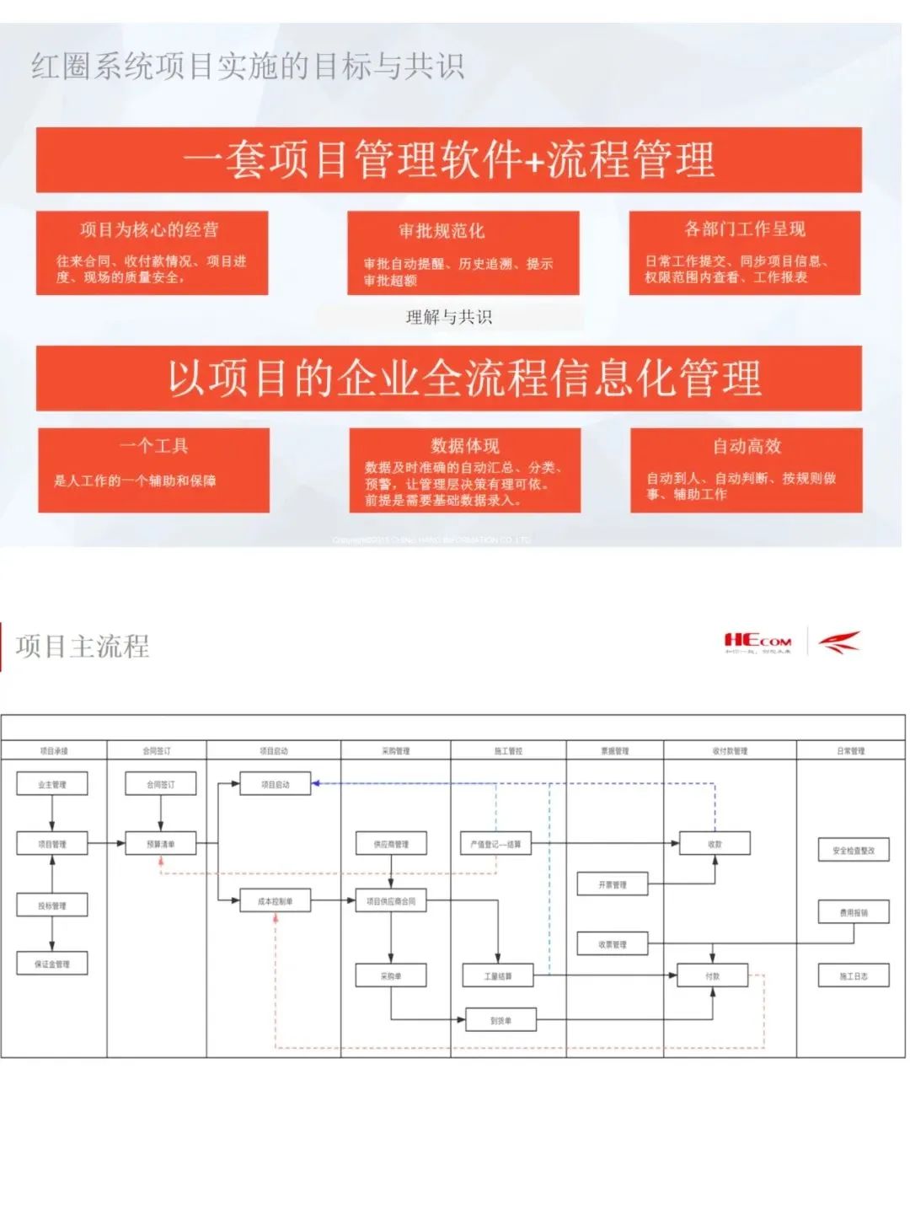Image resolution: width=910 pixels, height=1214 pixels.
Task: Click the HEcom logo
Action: point(757,642)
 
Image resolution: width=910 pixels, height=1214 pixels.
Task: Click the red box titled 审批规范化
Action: point(463,253)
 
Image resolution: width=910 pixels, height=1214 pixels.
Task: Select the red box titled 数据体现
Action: point(464,470)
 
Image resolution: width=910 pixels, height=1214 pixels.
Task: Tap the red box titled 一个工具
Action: point(153,470)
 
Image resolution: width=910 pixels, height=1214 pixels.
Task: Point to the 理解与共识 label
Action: point(448,317)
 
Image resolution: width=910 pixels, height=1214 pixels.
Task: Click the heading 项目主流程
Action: point(83,647)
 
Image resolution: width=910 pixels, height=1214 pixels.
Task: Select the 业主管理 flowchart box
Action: point(52,785)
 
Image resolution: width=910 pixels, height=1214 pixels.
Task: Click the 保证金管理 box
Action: point(52,964)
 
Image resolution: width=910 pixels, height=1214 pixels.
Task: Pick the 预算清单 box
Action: point(160,843)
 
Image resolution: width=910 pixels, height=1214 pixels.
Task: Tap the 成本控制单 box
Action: point(276,901)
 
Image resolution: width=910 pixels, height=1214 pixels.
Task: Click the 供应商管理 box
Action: point(391,844)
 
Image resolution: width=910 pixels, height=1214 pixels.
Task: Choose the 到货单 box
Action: point(500,1021)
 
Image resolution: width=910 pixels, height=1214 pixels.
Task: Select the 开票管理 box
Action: point(613,884)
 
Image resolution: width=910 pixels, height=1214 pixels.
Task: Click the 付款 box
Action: point(713,976)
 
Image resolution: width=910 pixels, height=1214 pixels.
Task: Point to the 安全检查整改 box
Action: point(854,851)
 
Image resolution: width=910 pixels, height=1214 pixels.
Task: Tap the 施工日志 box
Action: point(854,976)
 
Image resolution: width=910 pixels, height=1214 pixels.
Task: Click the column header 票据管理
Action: point(614,750)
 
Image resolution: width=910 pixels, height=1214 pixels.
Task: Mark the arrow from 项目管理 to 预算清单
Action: point(106,843)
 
